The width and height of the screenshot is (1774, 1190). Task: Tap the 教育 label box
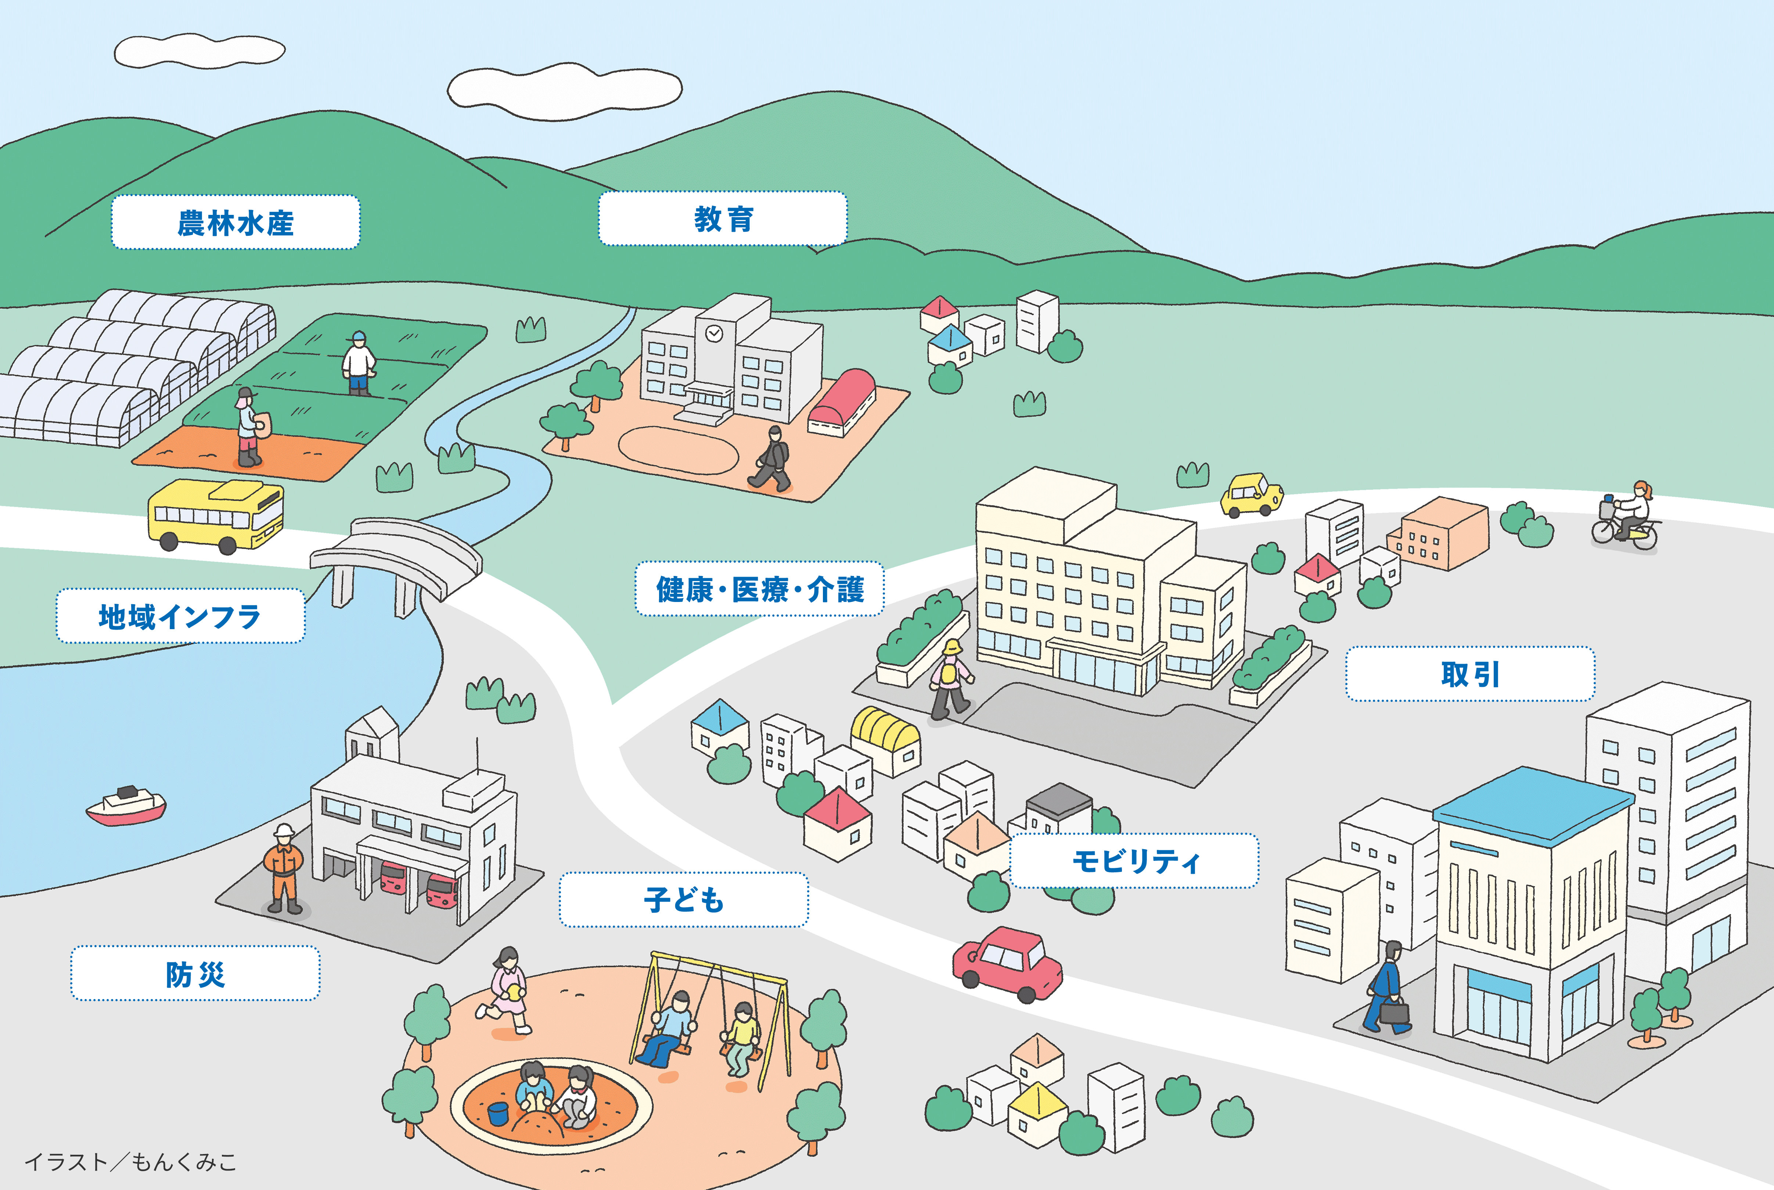723,219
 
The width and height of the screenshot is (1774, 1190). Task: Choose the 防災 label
195,974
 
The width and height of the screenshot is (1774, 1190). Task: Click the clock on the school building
713,333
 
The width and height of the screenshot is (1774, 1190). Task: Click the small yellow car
1251,495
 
